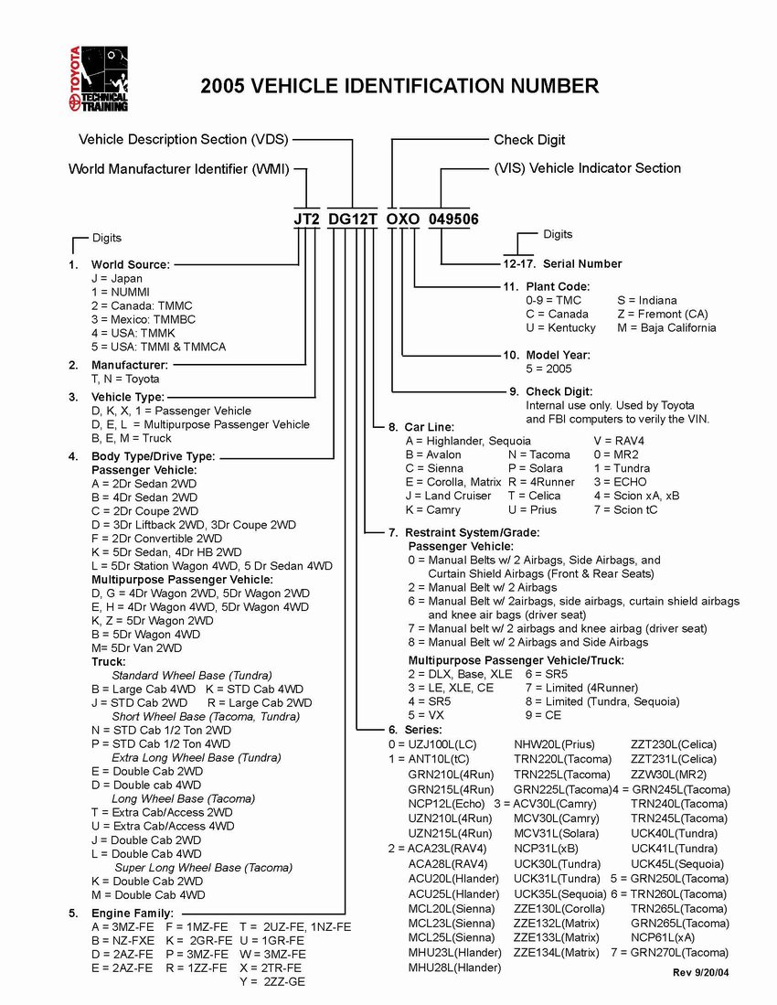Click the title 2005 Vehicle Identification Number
pyautogui.click(x=399, y=87)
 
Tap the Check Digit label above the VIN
pyautogui.click(x=529, y=140)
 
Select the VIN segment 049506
pyautogui.click(x=453, y=219)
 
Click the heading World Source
pyautogui.click(x=130, y=264)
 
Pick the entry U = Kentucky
pyautogui.click(x=560, y=327)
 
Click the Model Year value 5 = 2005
pyautogui.click(x=548, y=369)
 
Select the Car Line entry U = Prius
pyautogui.click(x=537, y=509)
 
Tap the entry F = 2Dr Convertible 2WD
pyautogui.click(x=156, y=539)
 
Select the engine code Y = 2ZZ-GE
pyautogui.click(x=272, y=981)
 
